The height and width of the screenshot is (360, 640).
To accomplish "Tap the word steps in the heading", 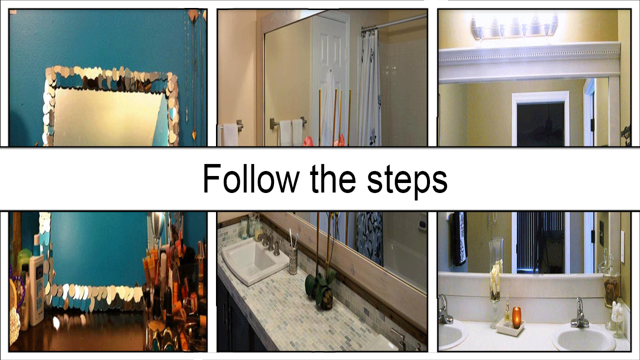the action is [x=407, y=181].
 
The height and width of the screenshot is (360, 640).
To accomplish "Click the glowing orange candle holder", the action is [x=516, y=317].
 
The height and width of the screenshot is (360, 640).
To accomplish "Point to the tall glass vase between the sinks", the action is [x=495, y=283].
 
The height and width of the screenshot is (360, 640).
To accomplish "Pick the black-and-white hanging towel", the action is [x=460, y=239].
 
